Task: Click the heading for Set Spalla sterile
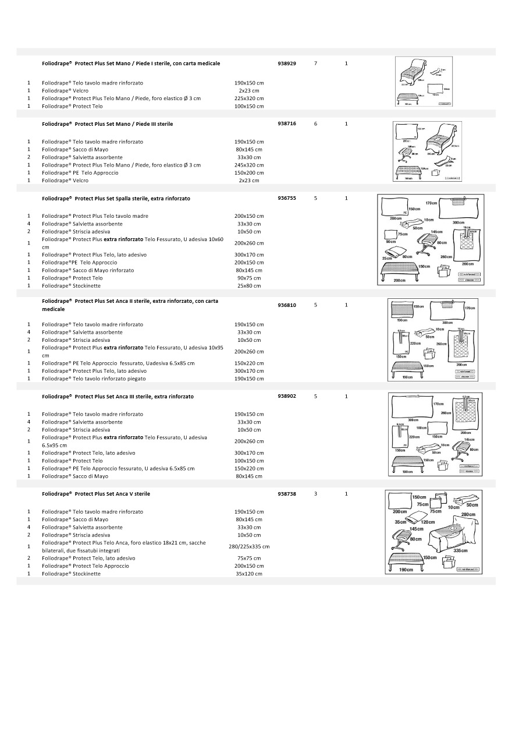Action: click(116, 199)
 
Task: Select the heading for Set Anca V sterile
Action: click(96, 494)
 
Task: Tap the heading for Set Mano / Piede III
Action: click(108, 124)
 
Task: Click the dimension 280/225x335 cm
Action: click(249, 546)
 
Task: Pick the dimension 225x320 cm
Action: click(249, 98)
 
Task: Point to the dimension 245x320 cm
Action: click(249, 165)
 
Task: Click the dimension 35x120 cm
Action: click(249, 574)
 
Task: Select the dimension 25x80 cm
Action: click(249, 285)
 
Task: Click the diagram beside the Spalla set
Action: click(430, 239)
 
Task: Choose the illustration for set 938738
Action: click(433, 532)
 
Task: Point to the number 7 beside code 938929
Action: click(315, 63)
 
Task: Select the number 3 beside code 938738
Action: click(315, 493)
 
